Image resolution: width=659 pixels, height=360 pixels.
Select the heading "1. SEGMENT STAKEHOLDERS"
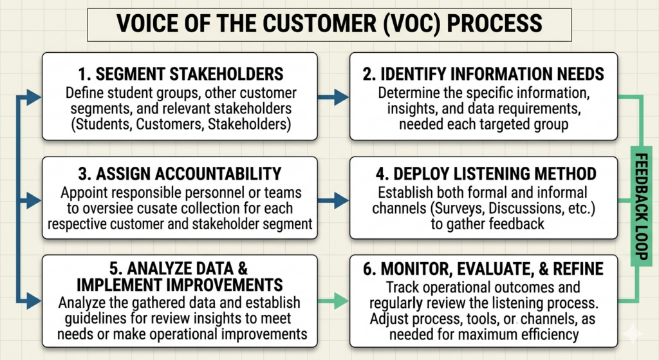[x=181, y=74]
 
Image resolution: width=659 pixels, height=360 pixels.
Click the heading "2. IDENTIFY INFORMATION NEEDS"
[x=483, y=74]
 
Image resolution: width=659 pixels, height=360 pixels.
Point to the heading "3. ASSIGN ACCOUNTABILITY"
[x=180, y=174]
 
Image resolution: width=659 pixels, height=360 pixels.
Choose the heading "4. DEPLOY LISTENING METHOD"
[x=487, y=174]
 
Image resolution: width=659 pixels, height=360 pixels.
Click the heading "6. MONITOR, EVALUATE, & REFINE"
[x=483, y=269]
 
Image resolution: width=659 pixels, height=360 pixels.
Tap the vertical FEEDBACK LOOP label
[x=641, y=206]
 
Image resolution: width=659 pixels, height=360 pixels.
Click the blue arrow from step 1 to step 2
[x=333, y=97]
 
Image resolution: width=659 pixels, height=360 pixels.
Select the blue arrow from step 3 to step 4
[x=333, y=200]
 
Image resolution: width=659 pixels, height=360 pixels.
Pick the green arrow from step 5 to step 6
[x=333, y=301]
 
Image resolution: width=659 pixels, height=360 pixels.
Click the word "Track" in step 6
[x=403, y=287]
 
